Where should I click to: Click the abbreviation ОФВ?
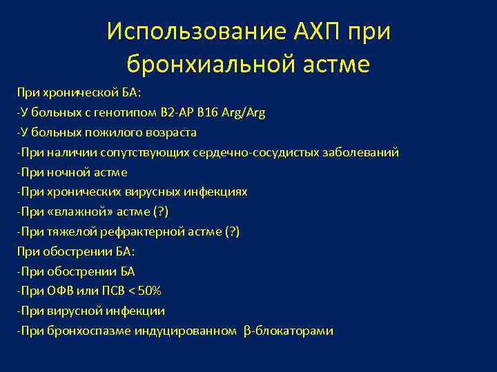click(60, 291)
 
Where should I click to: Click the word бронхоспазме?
click(86, 331)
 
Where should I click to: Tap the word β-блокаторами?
click(289, 331)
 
